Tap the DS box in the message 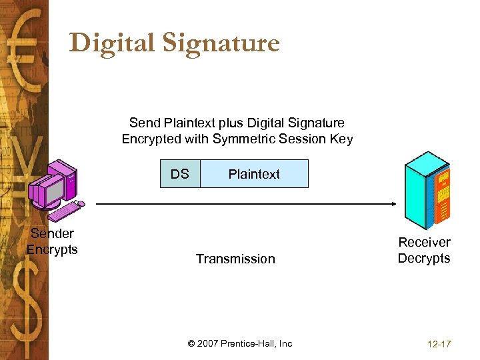[x=180, y=174]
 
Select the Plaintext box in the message [x=254, y=174]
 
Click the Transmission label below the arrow [x=235, y=259]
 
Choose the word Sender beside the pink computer [x=52, y=233]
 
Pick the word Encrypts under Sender [x=52, y=250]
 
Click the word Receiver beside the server [x=424, y=242]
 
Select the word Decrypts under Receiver [x=424, y=259]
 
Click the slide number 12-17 [x=438, y=344]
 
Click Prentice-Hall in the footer [x=249, y=343]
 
